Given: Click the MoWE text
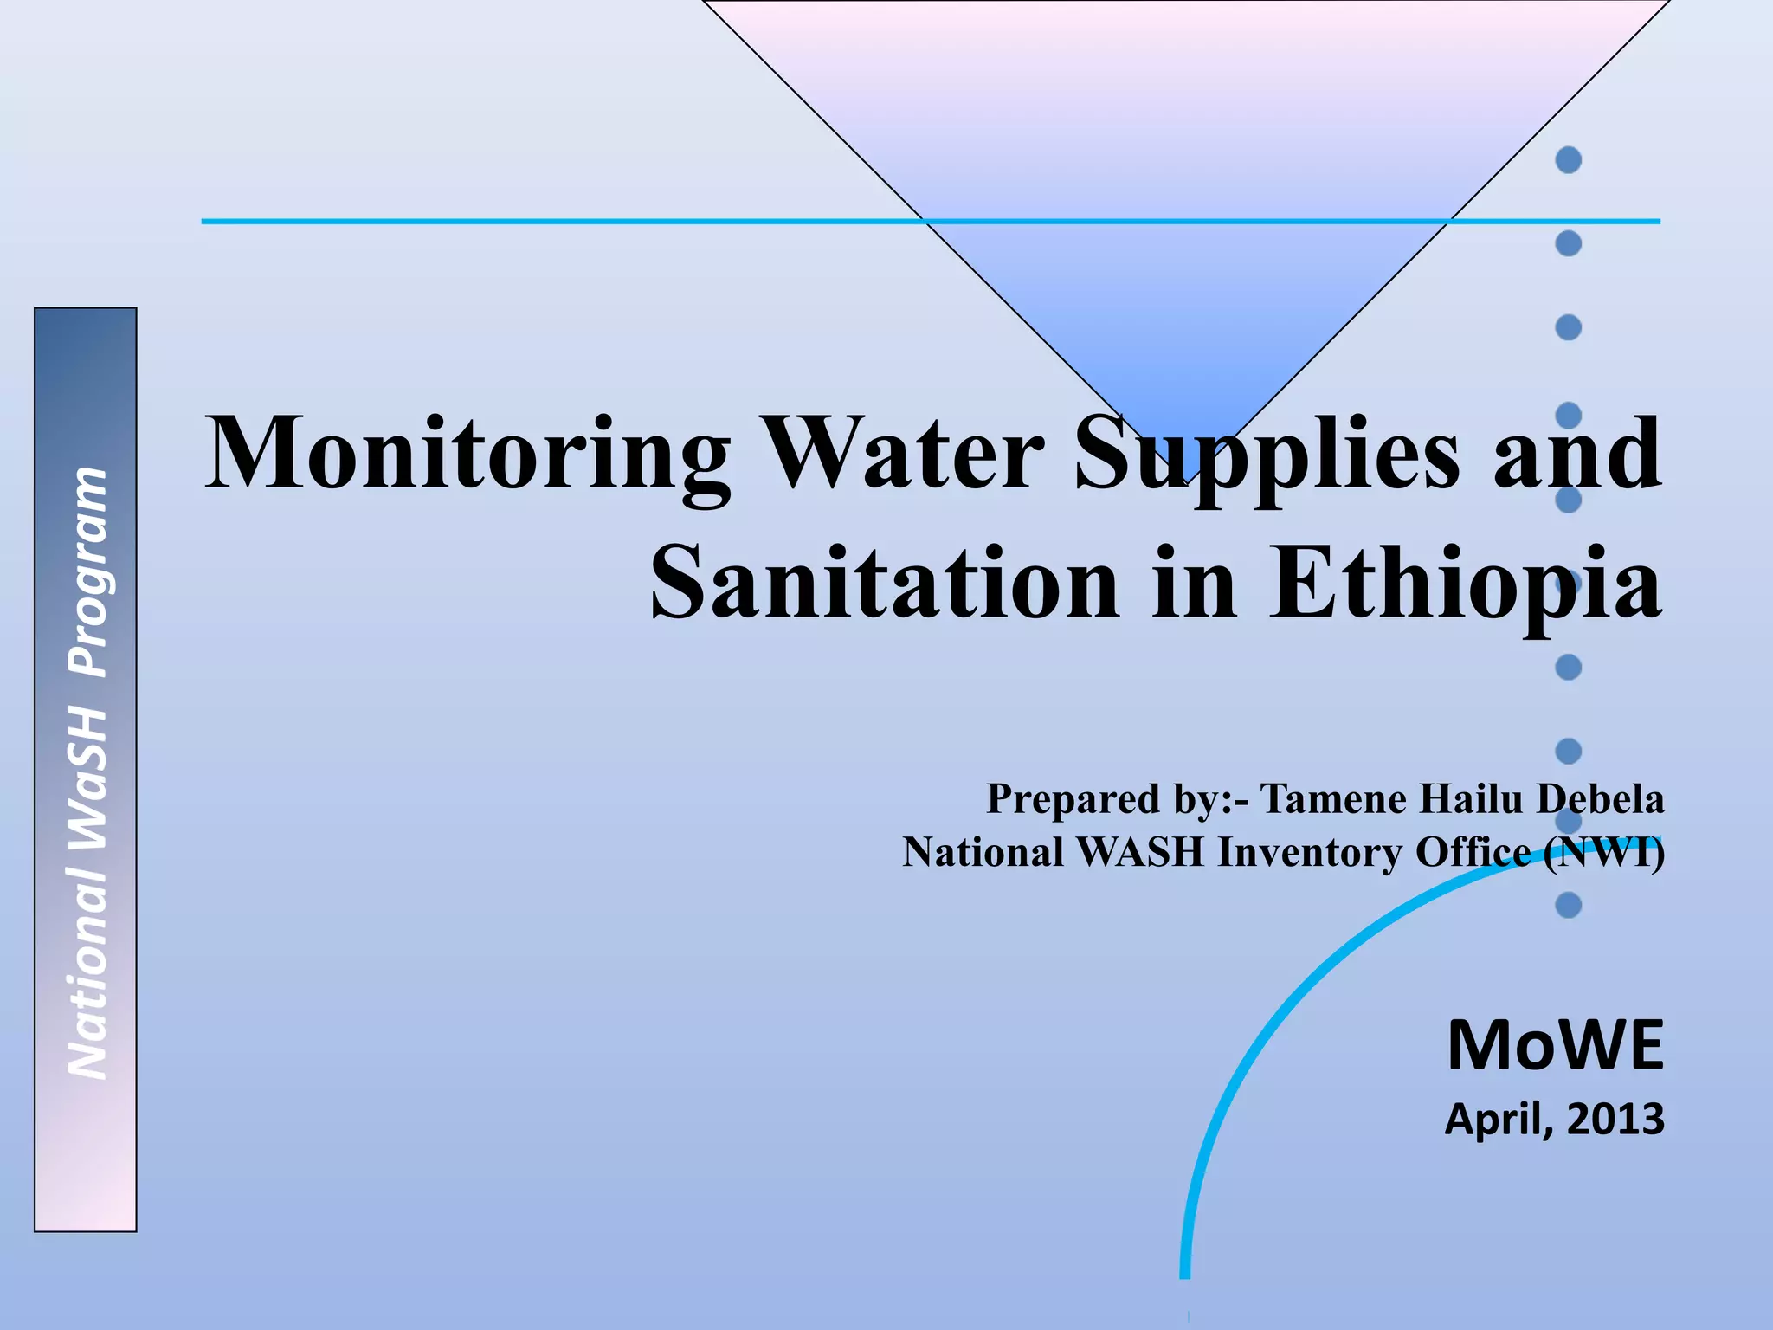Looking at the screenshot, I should tap(1555, 1046).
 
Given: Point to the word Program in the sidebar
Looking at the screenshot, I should tap(87, 571).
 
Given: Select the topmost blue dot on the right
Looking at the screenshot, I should tap(1568, 160).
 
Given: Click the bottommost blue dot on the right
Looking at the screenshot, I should tap(1568, 906).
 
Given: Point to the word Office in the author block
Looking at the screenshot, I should tap(1473, 852).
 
